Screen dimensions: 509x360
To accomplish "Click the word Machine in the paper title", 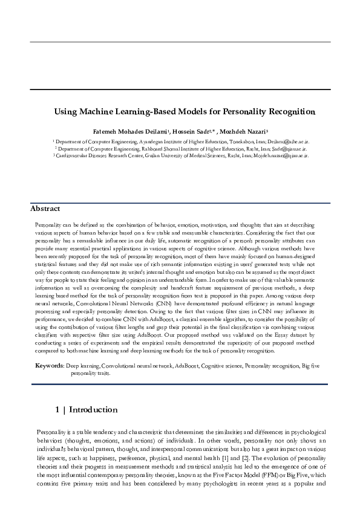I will point(111,112).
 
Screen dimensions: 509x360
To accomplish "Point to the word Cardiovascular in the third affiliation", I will point(71,155).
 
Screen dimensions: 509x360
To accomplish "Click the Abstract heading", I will point(45,209).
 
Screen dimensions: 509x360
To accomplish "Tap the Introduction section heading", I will point(93,410).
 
